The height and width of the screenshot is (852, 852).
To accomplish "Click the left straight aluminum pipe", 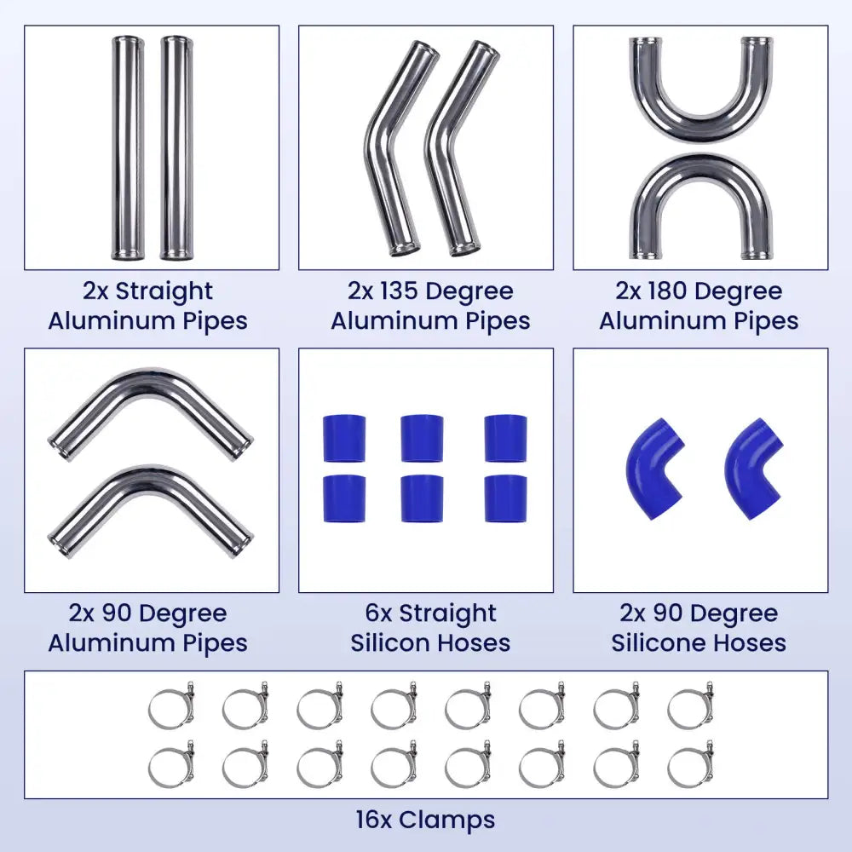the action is [128, 147].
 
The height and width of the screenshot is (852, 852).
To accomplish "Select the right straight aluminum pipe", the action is [177, 147].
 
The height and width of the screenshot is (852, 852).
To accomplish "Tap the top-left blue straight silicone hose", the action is [344, 439].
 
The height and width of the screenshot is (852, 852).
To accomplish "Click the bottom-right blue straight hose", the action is [505, 498].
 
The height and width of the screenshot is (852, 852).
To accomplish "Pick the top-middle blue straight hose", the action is [422, 439].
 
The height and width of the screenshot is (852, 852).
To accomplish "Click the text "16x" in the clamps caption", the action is [374, 820].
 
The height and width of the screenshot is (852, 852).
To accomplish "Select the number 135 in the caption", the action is [400, 291].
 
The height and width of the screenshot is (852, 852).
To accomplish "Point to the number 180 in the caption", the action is [668, 291].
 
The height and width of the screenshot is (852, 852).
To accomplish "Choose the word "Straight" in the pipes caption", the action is [164, 291].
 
